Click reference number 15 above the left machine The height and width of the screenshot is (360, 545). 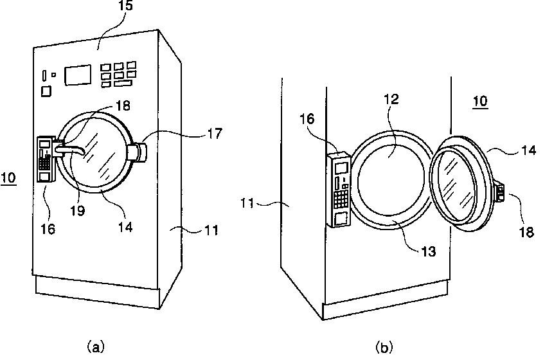pyautogui.click(x=125, y=6)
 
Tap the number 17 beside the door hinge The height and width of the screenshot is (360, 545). pyautogui.click(x=215, y=133)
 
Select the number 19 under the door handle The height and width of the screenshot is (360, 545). pyautogui.click(x=78, y=210)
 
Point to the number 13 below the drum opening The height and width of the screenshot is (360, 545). pyautogui.click(x=428, y=251)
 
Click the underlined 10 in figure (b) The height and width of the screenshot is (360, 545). pyautogui.click(x=480, y=101)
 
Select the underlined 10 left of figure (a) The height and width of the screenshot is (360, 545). pyautogui.click(x=8, y=177)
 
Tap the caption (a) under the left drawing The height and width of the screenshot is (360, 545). pyautogui.click(x=95, y=346)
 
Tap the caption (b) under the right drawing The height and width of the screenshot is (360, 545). pyautogui.click(x=384, y=347)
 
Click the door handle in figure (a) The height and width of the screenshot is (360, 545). pyautogui.click(x=69, y=150)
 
